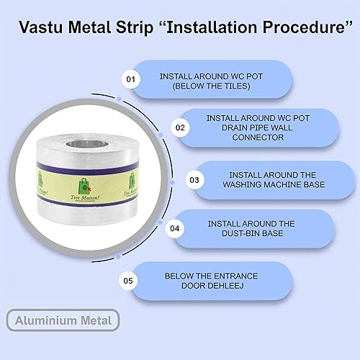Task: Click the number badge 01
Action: pyautogui.click(x=130, y=78)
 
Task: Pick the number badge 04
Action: pyautogui.click(x=174, y=229)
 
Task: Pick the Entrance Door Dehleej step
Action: pyautogui.click(x=210, y=281)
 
